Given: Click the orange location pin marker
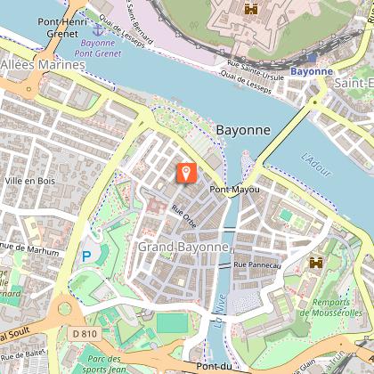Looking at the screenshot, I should pyautogui.click(x=186, y=173).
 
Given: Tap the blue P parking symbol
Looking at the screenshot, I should pyautogui.click(x=86, y=256).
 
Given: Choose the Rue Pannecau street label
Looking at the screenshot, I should pyautogui.click(x=256, y=264).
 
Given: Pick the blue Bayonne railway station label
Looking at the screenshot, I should pyautogui.click(x=312, y=69).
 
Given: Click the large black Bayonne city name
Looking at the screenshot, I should pyautogui.click(x=242, y=130).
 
